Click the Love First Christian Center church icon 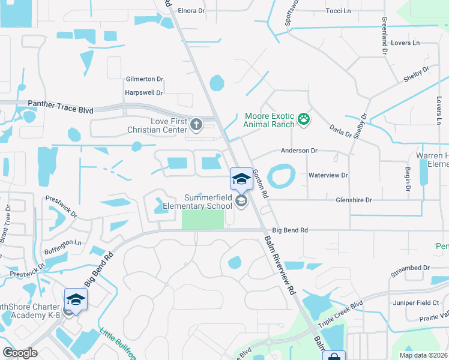tap(196, 125)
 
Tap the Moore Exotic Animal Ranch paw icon tap(305, 120)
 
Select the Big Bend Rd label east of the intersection tap(290, 230)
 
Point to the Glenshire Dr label tap(354, 200)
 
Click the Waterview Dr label tap(328, 175)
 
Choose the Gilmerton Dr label tap(144, 79)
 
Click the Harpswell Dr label tap(143, 93)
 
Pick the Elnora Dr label tap(191, 10)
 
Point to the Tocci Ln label tap(338, 11)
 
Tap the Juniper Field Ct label tap(414, 302)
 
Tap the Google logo tap(20, 353)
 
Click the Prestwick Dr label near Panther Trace tap(62, 205)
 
